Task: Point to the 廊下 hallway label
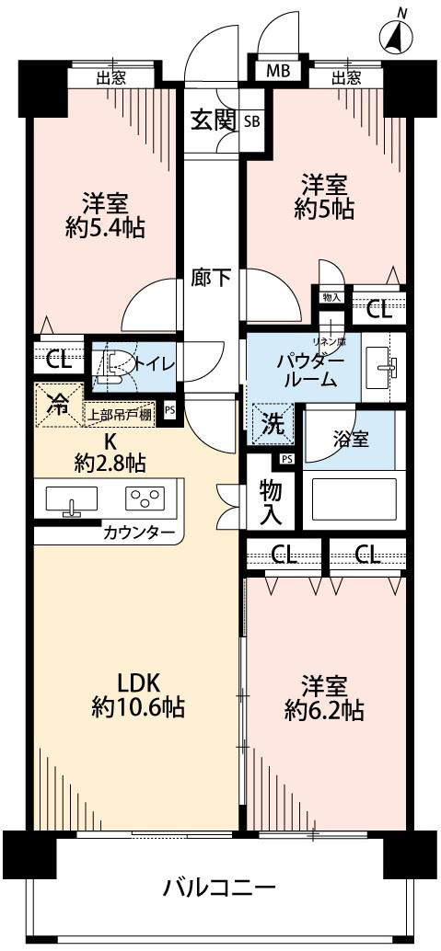tap(212, 277)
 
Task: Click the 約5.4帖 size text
tap(104, 229)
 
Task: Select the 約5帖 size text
tap(324, 210)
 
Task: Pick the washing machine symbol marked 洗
tap(271, 427)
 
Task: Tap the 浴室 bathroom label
tap(351, 439)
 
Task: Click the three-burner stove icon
tap(145, 500)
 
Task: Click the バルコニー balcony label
tap(219, 889)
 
